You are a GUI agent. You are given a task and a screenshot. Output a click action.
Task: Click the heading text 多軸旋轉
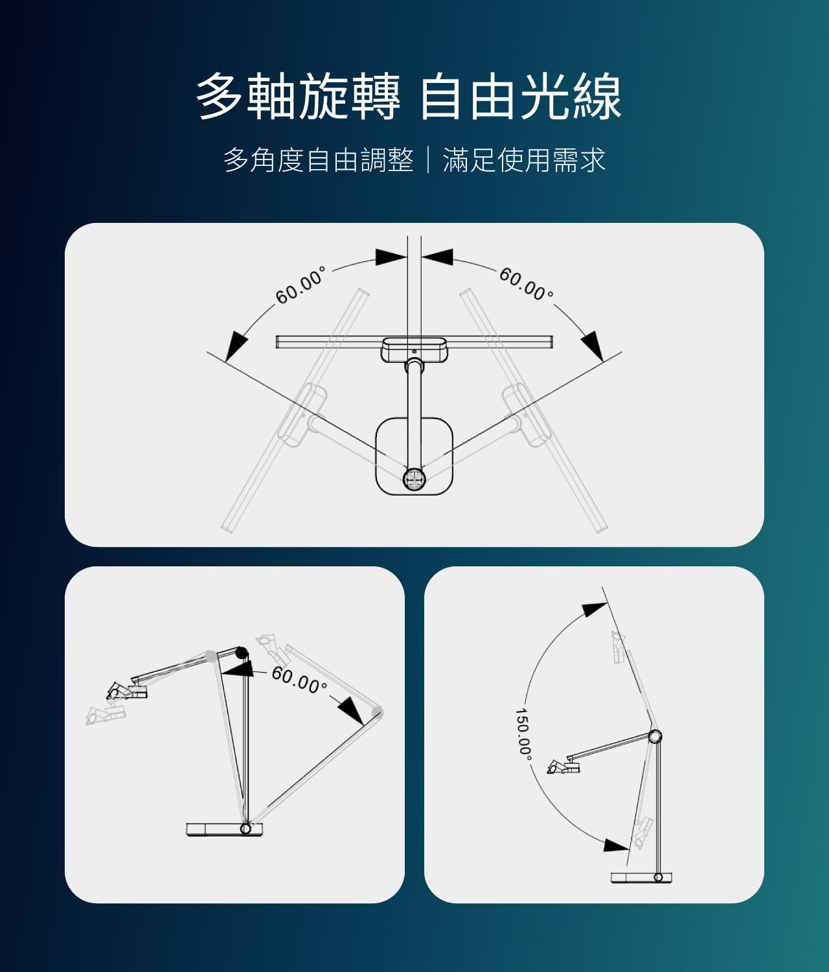pos(298,97)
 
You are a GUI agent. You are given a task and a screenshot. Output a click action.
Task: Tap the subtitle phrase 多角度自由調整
pos(319,160)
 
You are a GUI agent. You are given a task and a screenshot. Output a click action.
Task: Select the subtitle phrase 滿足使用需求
pos(524,160)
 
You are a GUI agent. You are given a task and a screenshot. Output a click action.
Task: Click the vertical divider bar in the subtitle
pos(428,160)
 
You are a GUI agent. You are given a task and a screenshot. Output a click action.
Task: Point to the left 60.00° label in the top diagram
pos(301,285)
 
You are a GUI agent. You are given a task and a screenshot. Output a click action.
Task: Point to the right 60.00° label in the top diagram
pos(527,284)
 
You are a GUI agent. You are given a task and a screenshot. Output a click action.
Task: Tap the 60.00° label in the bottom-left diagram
pos(299,680)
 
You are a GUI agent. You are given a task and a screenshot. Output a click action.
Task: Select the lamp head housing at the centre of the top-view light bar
pos(414,349)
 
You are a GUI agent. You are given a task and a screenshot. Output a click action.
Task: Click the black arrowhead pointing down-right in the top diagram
pos(592,346)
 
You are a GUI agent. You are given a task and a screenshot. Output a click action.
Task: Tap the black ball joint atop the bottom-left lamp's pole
pos(242,653)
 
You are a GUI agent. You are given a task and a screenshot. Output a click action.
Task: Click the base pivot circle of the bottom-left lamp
pos(245,828)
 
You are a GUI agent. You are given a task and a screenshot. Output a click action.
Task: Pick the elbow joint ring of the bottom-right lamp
pos(655,736)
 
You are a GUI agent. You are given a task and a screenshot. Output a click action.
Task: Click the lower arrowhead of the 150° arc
pos(616,845)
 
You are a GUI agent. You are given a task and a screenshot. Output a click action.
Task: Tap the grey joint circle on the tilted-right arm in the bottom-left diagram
pos(377,713)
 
